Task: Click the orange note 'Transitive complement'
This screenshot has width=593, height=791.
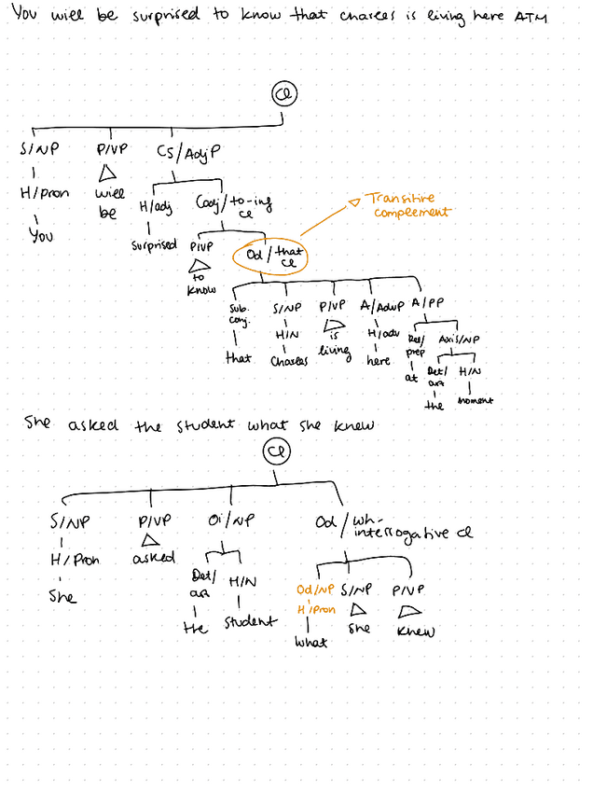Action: (407, 205)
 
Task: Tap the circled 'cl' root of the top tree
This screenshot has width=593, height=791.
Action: (283, 94)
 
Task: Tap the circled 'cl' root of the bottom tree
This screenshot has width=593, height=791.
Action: (276, 452)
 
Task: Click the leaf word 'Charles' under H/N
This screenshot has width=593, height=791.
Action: (289, 360)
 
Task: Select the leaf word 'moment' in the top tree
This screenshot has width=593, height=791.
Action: (475, 400)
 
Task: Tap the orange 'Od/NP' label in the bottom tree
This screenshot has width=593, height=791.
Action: (315, 590)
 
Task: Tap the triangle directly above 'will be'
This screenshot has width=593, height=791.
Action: (108, 172)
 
